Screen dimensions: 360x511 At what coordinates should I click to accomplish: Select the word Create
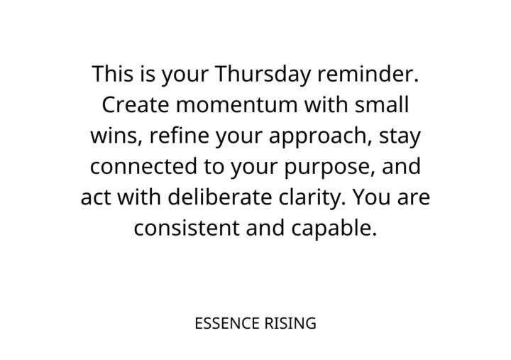tap(135, 105)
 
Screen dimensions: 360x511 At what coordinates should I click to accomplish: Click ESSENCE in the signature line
tap(226, 324)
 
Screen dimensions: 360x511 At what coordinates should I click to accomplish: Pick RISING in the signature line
tap(291, 324)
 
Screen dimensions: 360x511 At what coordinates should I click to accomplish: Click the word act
tap(94, 197)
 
